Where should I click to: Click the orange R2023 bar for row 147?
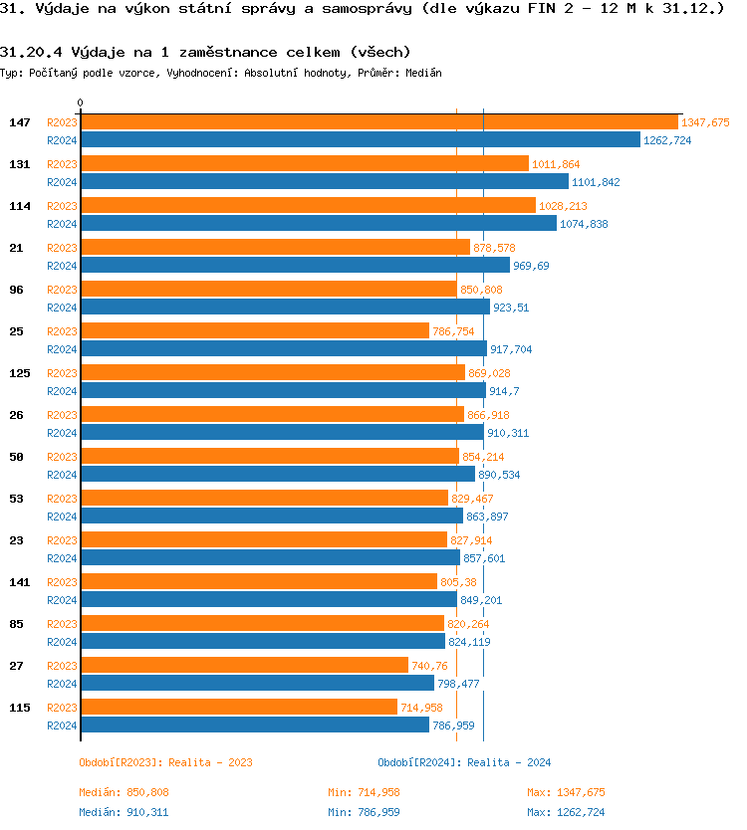point(378,122)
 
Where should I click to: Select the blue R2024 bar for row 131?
point(324,182)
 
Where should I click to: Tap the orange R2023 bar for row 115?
point(238,708)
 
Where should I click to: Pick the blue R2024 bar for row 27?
point(257,684)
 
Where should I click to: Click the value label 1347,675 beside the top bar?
point(705,122)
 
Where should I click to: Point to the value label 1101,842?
point(596,182)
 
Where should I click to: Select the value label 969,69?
point(531,266)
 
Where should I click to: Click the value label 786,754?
point(453,331)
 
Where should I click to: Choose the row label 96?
point(16,290)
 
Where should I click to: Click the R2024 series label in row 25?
point(62,349)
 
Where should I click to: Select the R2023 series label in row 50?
point(62,457)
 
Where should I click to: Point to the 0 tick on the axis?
point(81,103)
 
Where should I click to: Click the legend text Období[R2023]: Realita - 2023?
point(165,762)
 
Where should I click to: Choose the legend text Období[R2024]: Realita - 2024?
point(464,762)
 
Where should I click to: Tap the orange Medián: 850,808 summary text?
point(124,792)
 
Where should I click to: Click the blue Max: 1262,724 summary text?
point(566,812)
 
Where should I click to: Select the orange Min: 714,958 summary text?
point(364,792)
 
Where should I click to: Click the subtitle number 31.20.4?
point(32,52)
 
